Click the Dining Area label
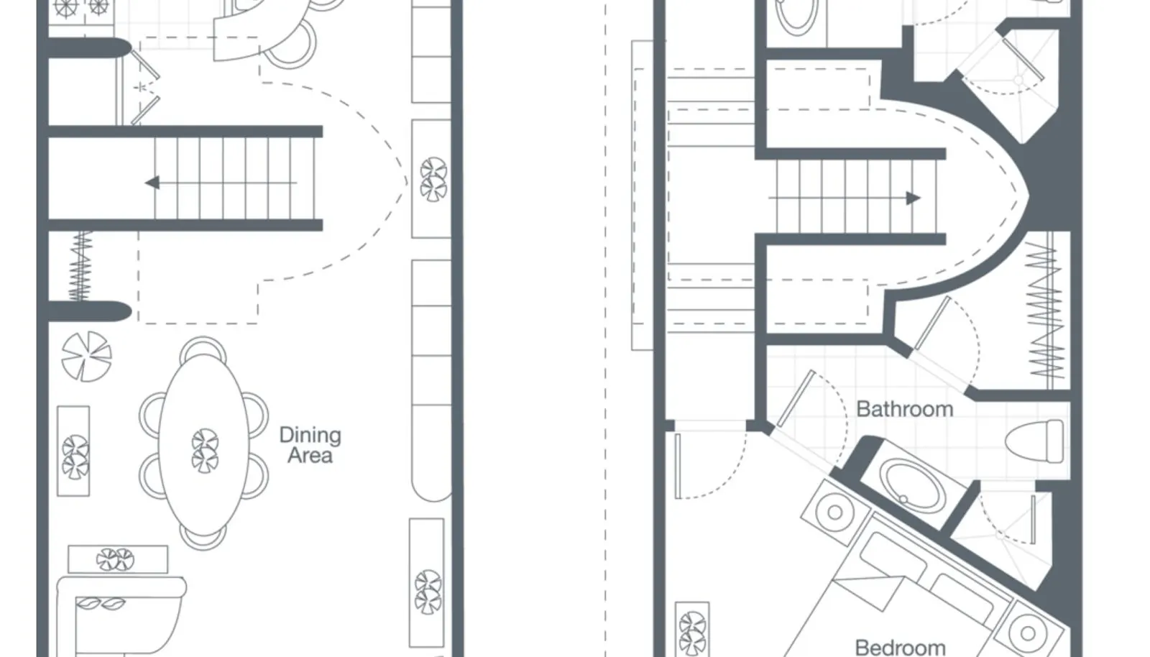coord(310,445)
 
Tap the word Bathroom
coord(905,409)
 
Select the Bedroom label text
coord(901,647)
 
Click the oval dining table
coord(204,444)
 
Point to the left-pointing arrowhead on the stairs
coord(152,182)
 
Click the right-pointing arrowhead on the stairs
coord(913,198)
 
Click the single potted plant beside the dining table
coord(86,357)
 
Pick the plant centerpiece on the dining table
coord(205,451)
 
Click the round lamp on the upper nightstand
coord(834,512)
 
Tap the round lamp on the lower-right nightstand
coord(1029,633)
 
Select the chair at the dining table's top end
coord(203,347)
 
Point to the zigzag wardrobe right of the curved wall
coord(1046,311)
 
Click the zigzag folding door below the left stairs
coord(80,266)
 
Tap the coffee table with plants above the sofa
coord(118,559)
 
